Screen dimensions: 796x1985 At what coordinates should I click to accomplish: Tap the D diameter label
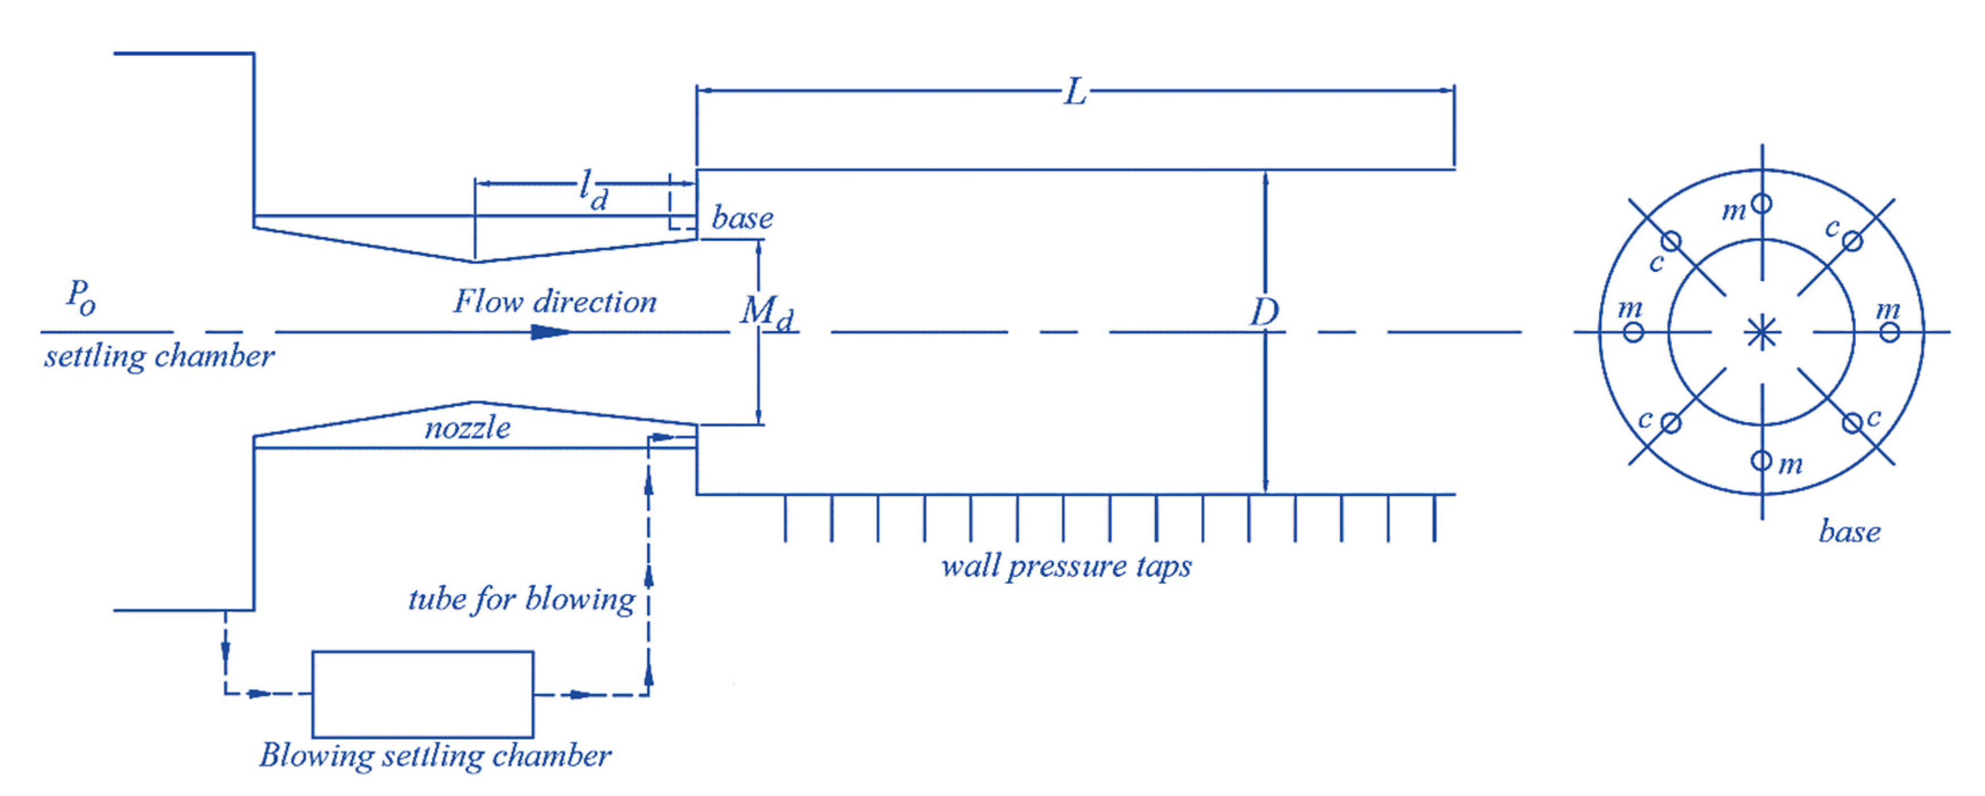1264,312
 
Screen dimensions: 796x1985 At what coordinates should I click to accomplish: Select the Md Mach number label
767,312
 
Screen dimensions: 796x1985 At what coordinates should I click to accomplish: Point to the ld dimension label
592,190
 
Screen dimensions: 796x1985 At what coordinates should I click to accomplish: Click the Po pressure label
81,297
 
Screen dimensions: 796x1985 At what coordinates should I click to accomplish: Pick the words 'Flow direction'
555,301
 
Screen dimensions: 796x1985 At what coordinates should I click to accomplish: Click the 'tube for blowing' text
522,600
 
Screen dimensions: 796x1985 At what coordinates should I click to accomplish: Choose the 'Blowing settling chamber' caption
436,756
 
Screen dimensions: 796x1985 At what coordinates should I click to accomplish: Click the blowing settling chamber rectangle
423,693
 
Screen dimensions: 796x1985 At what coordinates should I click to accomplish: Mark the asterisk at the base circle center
1762,333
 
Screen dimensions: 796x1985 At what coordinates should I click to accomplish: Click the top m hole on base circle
1762,203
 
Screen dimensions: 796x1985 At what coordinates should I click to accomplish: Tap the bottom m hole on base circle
1762,460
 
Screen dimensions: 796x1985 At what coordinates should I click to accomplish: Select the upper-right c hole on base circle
1853,242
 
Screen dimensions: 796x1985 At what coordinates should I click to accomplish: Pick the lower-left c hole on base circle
1670,423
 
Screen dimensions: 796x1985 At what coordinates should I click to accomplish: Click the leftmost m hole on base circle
1633,333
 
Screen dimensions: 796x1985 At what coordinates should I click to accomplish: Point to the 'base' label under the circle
1849,531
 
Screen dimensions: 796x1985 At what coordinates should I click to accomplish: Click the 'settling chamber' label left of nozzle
158,357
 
